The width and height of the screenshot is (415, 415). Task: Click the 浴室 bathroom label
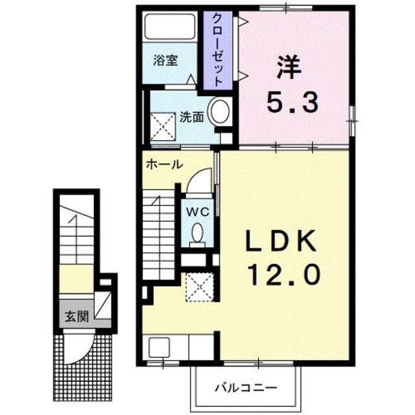(165, 60)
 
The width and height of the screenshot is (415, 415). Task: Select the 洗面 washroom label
(192, 117)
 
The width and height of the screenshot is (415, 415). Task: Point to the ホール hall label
(164, 164)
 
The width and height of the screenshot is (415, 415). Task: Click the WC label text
(198, 212)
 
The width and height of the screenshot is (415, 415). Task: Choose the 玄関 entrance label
(77, 316)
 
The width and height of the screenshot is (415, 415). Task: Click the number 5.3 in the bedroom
(292, 103)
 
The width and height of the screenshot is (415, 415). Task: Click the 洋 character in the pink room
(289, 67)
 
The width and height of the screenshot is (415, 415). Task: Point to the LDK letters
(281, 241)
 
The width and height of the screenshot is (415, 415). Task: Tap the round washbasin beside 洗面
(220, 111)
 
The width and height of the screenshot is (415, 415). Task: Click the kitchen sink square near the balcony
(159, 348)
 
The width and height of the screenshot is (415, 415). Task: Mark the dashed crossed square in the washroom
(163, 126)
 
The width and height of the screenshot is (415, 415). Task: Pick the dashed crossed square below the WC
(200, 287)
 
